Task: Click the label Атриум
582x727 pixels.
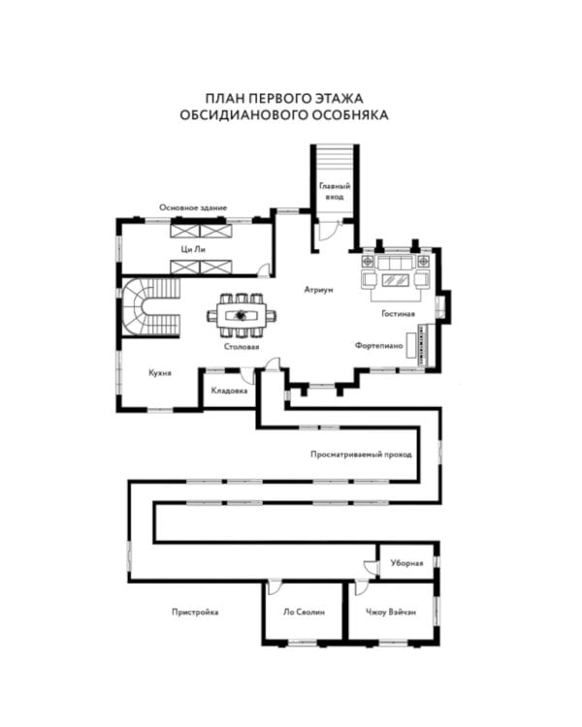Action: coord(318,290)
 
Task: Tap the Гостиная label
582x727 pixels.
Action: coord(398,314)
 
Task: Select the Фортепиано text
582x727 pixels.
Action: coord(378,345)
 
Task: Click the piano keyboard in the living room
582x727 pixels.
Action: coord(422,345)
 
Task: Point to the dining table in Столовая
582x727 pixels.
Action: coord(242,316)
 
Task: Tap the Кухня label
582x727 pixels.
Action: coord(160,373)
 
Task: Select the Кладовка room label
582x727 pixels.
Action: coord(229,391)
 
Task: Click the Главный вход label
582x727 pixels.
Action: coord(335,191)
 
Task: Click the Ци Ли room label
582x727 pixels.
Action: coord(193,249)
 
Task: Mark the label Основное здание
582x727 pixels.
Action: coord(193,207)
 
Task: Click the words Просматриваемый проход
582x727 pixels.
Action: coord(361,455)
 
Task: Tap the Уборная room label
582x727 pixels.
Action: coord(406,563)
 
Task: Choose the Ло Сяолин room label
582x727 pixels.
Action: coord(304,612)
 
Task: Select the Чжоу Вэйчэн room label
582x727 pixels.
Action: coord(391,612)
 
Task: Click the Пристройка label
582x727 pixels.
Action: coord(195,612)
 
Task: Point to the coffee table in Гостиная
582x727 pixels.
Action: coord(396,279)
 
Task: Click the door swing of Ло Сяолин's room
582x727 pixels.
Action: coord(275,587)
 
